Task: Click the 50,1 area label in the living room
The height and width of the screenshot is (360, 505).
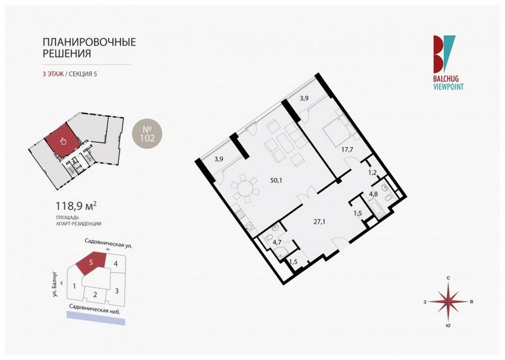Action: (276, 180)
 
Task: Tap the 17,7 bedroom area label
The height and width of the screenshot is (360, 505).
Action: (347, 149)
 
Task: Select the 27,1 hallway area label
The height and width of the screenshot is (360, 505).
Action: (319, 222)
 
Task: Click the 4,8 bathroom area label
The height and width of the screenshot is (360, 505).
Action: (373, 194)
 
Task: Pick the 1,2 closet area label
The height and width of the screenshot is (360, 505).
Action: (373, 172)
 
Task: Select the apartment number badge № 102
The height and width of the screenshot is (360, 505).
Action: (147, 134)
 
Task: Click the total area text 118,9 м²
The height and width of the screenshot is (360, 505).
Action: (76, 206)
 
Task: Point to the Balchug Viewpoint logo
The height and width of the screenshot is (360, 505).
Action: (448, 62)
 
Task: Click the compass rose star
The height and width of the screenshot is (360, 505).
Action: (448, 302)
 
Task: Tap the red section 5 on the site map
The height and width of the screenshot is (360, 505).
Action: (91, 262)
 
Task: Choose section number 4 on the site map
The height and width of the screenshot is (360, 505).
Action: (116, 263)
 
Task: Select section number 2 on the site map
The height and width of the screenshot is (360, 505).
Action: (95, 294)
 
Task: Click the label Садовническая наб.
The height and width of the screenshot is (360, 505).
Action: (95, 309)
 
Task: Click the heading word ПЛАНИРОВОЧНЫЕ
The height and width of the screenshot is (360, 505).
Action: (90, 42)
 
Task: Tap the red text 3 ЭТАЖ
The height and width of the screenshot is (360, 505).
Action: (53, 74)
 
